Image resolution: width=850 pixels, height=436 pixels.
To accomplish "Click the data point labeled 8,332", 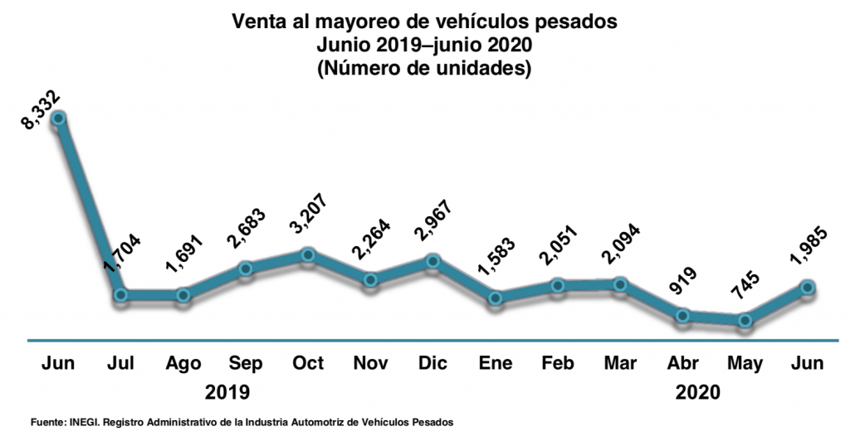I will pos(58,119).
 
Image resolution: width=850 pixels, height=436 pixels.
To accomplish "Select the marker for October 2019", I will pos(308,254).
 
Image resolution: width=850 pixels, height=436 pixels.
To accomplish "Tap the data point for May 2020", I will pos(745,320).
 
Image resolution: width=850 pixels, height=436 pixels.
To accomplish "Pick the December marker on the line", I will pos(432,261).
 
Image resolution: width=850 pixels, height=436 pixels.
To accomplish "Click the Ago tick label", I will pos(183,365).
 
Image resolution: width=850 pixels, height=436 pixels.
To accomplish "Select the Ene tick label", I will pos(496,365).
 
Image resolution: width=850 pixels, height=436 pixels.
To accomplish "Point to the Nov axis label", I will pos(370,365).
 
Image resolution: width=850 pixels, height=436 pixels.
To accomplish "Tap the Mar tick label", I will pos(620,365).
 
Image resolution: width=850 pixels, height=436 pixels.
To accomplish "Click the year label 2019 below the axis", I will pos(227,391).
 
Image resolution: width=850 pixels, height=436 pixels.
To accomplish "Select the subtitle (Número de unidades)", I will pos(424,69).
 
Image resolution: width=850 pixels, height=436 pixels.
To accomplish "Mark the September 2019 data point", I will pos(246,269).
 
